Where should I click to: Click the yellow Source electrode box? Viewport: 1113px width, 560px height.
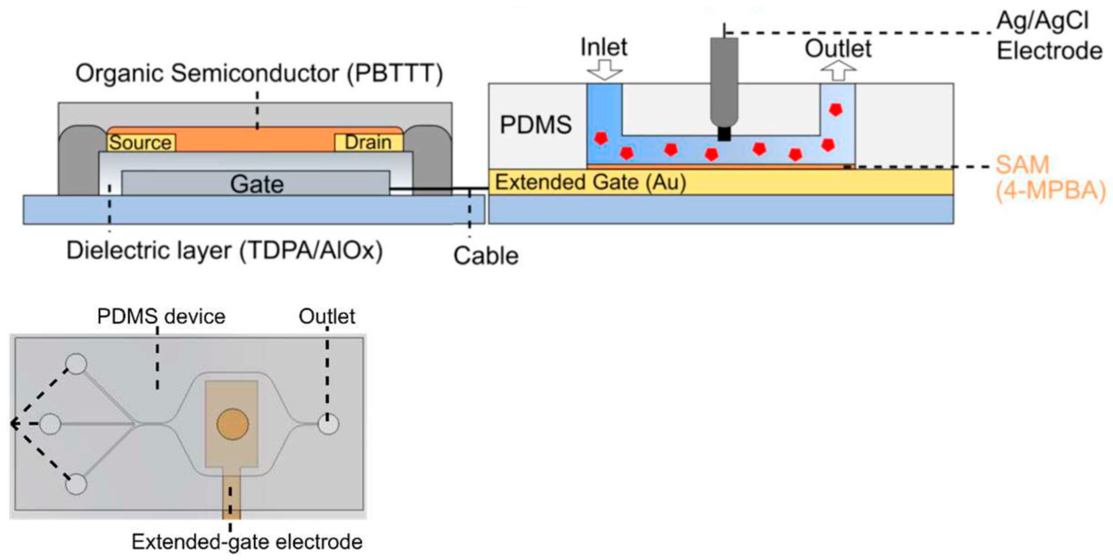coord(140,143)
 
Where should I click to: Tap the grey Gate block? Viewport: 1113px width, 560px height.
coord(256,184)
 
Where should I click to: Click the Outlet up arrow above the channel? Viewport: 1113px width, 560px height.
coord(838,70)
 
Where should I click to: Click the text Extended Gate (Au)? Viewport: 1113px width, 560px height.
coord(590,182)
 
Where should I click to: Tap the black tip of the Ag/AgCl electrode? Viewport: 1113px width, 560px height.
coord(724,133)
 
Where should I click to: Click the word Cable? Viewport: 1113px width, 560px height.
coord(486,256)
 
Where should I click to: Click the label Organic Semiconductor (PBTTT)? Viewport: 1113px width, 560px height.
coord(259,73)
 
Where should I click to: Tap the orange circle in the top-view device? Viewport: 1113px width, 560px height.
coord(233,424)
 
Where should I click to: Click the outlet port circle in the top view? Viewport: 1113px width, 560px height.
coord(328,425)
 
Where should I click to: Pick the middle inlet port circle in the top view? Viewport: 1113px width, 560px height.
coord(50,424)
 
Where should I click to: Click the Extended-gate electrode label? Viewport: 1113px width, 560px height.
coord(247,542)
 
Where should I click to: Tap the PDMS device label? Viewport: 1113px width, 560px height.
coord(161,317)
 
